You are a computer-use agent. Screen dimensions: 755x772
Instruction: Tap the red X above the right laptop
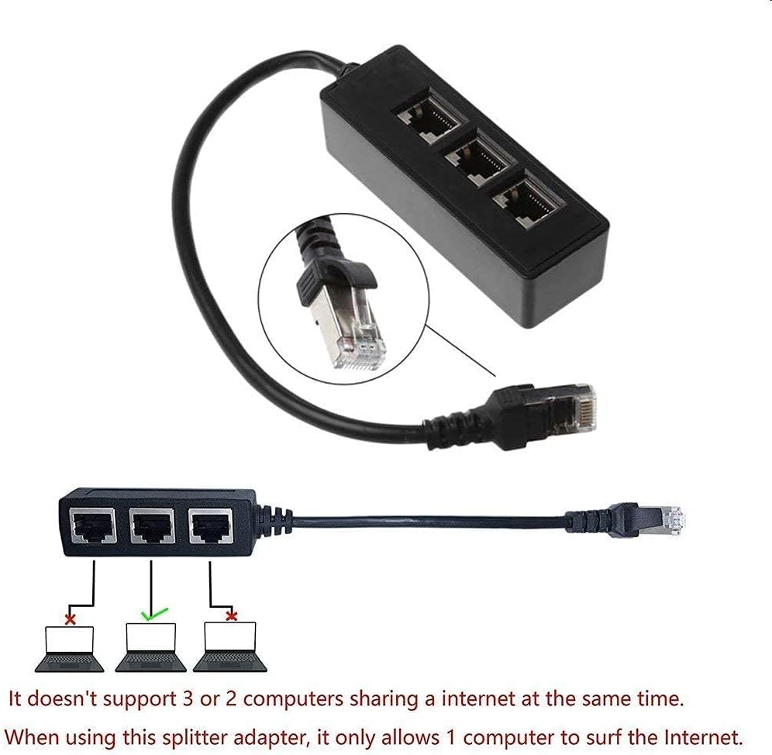pyautogui.click(x=230, y=615)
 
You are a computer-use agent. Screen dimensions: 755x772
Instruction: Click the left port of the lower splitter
pyautogui.click(x=91, y=527)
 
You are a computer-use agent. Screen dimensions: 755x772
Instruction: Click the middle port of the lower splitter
pyautogui.click(x=151, y=527)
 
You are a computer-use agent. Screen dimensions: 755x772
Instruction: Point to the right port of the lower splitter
pyautogui.click(x=210, y=527)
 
